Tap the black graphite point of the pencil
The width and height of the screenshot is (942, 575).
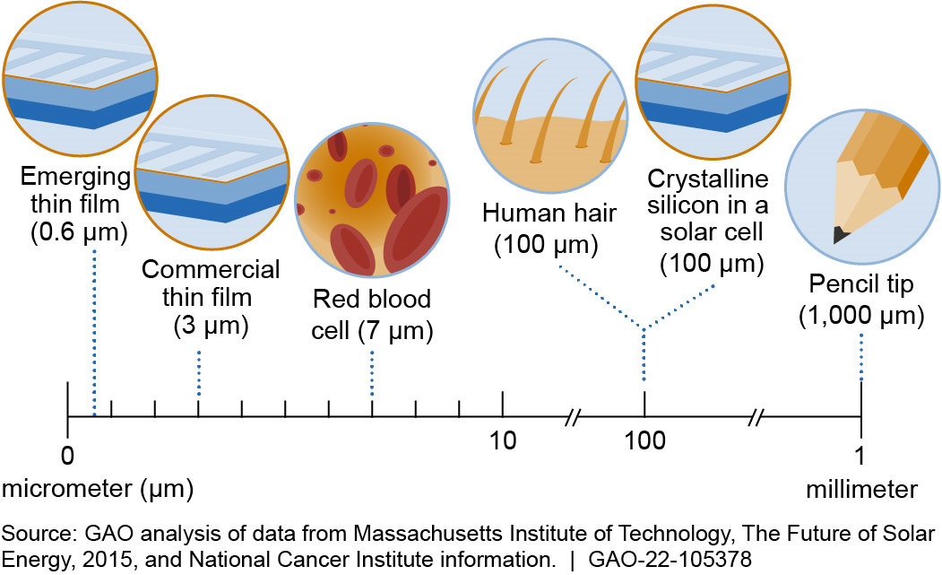pos(841,235)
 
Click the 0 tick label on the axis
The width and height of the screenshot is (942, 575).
pos(66,455)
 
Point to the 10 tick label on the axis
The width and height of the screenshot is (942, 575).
pos(503,442)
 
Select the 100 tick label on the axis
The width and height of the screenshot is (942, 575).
pos(644,442)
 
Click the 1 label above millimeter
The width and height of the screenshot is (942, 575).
pos(860,455)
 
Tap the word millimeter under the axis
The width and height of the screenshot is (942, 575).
pos(860,489)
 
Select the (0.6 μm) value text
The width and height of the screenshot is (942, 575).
pos(79,234)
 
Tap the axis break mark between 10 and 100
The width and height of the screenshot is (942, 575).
pos(573,417)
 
